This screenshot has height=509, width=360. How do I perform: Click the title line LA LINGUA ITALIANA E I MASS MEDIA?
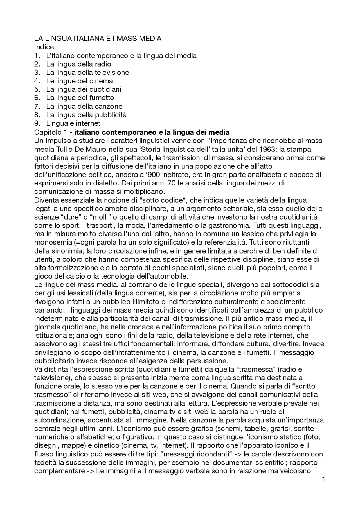tap(98, 39)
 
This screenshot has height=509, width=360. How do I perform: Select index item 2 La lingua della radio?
tap(78, 64)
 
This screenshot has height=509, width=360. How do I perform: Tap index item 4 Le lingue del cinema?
tap(79, 81)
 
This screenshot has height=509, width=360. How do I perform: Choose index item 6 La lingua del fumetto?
tap(80, 98)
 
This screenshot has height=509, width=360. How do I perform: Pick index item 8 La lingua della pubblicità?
tap(86, 115)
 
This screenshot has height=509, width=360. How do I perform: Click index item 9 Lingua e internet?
tap(73, 123)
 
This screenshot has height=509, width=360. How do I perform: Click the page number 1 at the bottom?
tap(324, 479)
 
